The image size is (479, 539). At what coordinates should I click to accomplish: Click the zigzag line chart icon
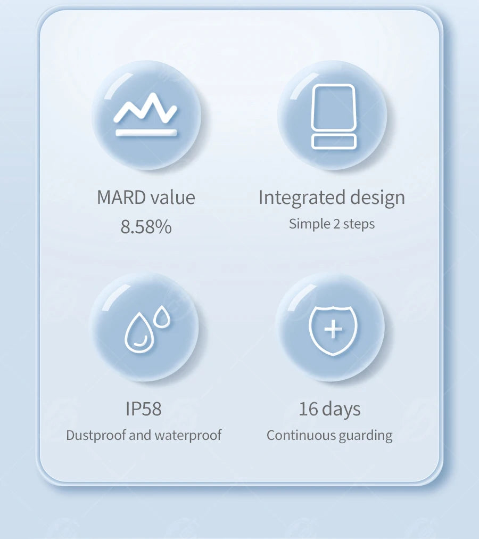pos(145,109)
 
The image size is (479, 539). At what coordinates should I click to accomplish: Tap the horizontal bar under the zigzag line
pos(146,133)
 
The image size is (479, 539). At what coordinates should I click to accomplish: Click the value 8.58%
pos(146,227)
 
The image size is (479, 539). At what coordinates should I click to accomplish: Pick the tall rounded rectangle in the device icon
pos(333,107)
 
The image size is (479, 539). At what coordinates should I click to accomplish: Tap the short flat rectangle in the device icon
pos(334,141)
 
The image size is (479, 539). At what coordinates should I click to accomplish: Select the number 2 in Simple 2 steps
pos(336,224)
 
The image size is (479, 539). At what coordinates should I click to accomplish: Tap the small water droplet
pos(162,318)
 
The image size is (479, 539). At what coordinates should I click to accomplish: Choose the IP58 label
pos(143,409)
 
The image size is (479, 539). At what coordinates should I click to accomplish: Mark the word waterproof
pos(188,435)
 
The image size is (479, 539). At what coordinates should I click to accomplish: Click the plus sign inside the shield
pos(333,329)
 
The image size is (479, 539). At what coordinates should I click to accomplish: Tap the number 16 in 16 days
pos(308,409)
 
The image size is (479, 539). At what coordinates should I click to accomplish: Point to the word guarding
pos(366,436)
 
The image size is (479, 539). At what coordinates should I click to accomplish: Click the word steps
pos(359,224)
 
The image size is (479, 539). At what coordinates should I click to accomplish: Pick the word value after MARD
pos(172,198)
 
